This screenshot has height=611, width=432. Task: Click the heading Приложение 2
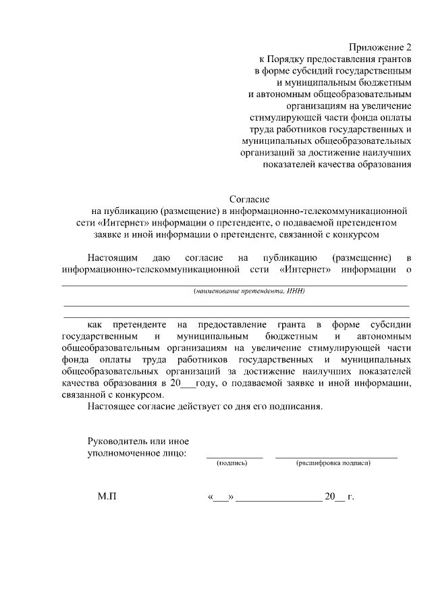tap(380, 47)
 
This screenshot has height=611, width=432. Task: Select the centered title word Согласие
tap(250, 200)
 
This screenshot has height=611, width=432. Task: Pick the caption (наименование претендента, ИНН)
tap(250, 292)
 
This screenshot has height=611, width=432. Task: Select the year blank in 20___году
tap(188, 384)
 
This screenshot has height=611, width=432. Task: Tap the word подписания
tap(298, 407)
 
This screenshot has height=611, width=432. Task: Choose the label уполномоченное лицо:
tap(137, 453)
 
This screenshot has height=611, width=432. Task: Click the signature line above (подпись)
tap(234, 457)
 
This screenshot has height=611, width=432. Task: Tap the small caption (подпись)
tap(232, 463)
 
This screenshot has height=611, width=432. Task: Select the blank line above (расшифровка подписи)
tap(336, 457)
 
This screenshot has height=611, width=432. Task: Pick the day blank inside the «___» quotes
tap(221, 499)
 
